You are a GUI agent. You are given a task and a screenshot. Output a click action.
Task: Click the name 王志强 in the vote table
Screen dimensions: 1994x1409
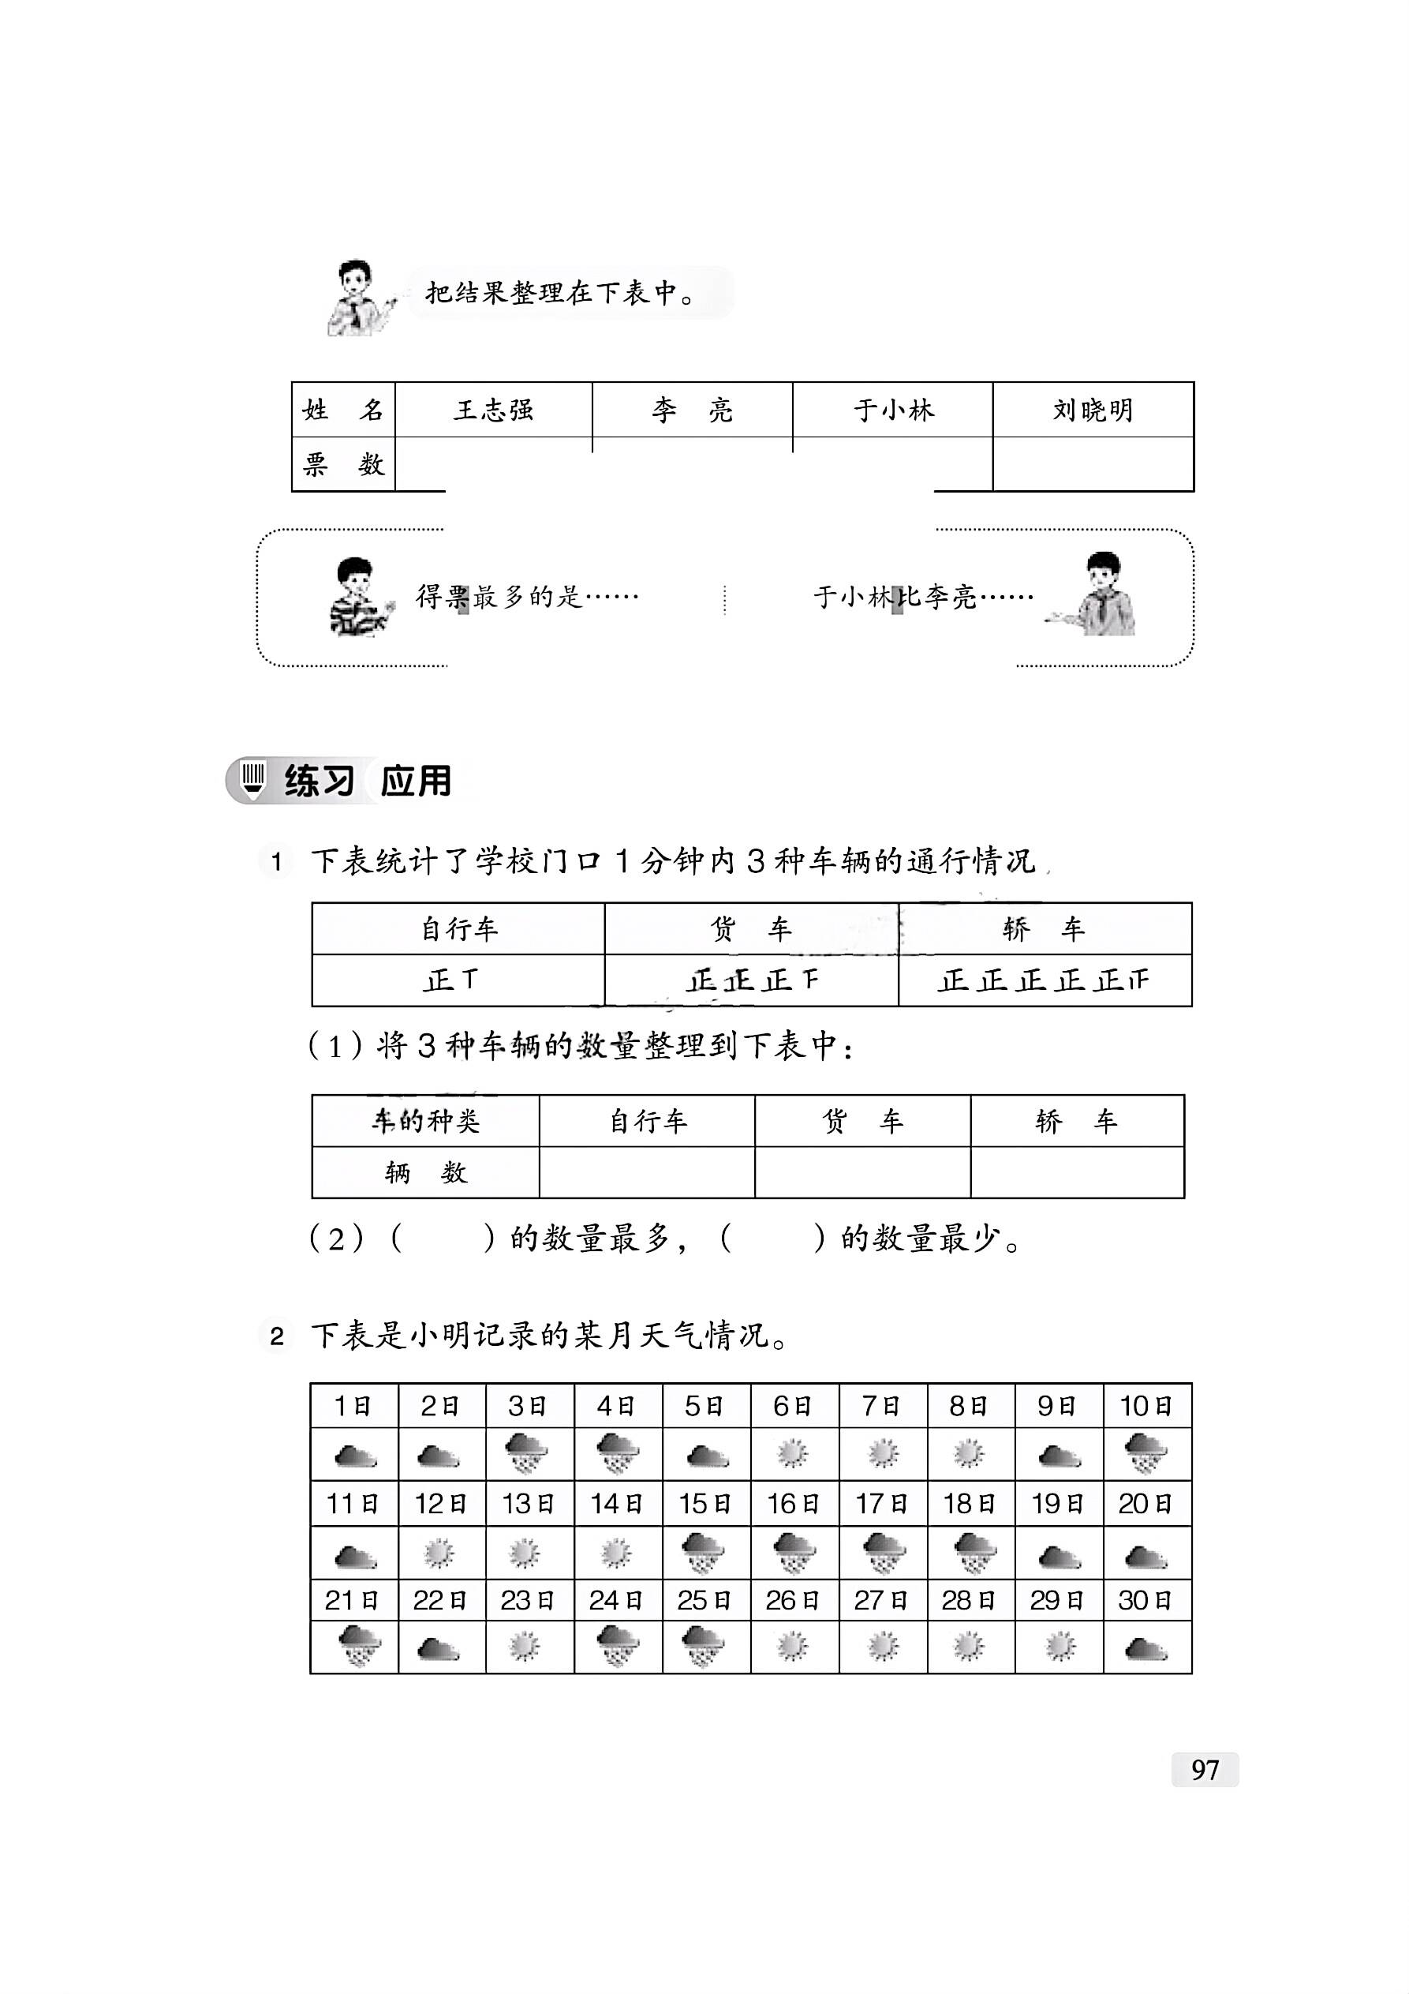pos(493,410)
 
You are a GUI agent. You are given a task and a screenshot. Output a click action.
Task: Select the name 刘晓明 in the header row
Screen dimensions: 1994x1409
pos(1092,410)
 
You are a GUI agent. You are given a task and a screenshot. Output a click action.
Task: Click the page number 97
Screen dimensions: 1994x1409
pos(1204,1770)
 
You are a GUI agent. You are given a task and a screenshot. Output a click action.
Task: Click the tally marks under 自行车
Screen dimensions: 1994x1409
pos(451,980)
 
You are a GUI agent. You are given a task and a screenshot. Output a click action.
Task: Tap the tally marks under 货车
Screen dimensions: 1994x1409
pos(752,980)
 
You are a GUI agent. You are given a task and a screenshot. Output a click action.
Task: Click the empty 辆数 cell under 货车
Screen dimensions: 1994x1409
pos(862,1172)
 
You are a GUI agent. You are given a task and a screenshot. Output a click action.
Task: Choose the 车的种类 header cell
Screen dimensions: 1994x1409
pos(425,1121)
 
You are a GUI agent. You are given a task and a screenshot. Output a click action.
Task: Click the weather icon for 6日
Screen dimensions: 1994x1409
pos(793,1454)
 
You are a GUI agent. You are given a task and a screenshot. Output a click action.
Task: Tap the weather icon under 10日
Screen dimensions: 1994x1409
pos(1146,1454)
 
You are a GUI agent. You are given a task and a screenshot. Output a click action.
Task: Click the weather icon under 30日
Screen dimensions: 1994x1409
pos(1146,1647)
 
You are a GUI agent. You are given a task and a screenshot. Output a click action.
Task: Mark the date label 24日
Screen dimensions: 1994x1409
pos(615,1600)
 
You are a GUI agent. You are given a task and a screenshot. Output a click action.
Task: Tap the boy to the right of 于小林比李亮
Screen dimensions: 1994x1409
pos(1101,594)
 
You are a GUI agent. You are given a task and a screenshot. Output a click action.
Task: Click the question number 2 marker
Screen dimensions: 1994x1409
pos(276,1336)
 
